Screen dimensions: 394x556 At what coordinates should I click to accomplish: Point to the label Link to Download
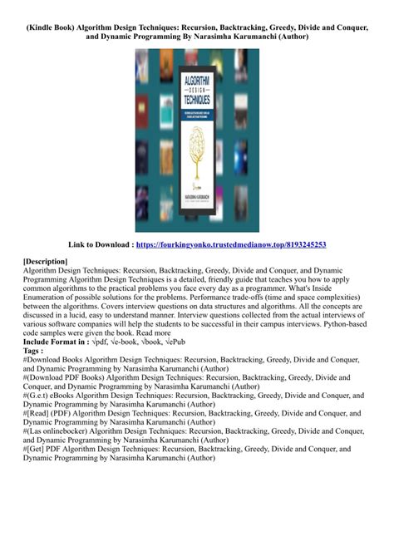coord(107,244)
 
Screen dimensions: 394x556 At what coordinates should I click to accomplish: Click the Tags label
coord(34,351)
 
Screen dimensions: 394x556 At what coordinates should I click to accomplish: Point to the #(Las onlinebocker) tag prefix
coord(66,431)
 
